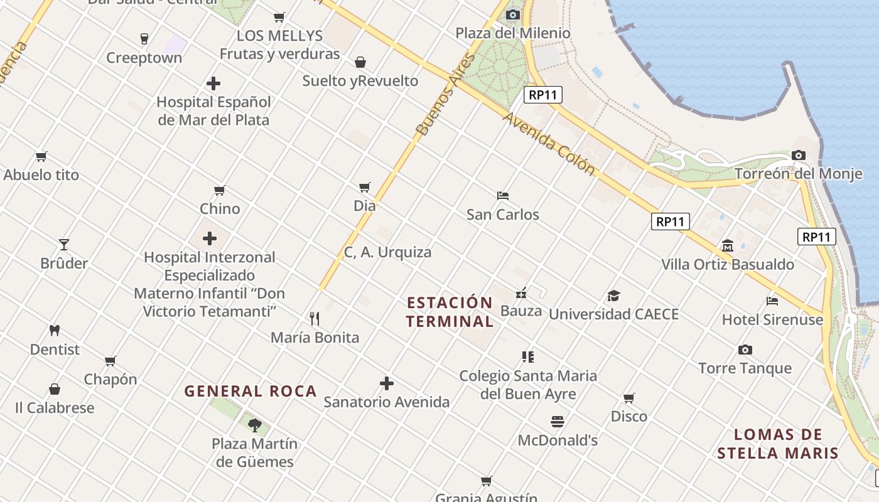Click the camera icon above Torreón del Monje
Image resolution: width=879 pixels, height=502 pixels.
(799, 155)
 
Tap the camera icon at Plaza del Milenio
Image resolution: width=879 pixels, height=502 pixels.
(513, 14)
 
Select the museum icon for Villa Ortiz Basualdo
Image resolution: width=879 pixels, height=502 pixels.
(728, 245)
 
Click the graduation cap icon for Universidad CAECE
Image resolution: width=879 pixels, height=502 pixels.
(613, 296)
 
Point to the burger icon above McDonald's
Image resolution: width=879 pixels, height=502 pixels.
(558, 421)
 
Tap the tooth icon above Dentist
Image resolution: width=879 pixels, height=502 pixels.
(55, 330)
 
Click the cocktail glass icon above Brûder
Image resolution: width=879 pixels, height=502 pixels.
(63, 244)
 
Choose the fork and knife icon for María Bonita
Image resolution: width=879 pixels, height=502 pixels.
(315, 319)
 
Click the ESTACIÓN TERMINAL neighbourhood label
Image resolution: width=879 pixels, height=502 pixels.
(450, 312)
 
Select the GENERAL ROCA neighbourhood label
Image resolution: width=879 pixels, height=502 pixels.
(251, 392)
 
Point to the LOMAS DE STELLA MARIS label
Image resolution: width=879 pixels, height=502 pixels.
(778, 444)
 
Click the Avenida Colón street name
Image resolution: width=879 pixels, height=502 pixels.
(548, 144)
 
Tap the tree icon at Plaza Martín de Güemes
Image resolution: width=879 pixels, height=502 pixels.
(254, 425)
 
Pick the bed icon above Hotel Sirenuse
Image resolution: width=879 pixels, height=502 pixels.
(772, 301)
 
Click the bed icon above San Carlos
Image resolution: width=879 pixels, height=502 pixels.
(502, 196)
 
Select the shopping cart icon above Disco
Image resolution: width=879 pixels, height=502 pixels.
(628, 398)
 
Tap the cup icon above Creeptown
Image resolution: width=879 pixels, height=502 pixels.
(144, 39)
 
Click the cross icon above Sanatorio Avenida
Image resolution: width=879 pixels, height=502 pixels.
(387, 383)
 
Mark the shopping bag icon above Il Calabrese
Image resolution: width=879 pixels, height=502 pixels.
(55, 389)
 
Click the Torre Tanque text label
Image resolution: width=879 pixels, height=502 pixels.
(745, 368)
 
